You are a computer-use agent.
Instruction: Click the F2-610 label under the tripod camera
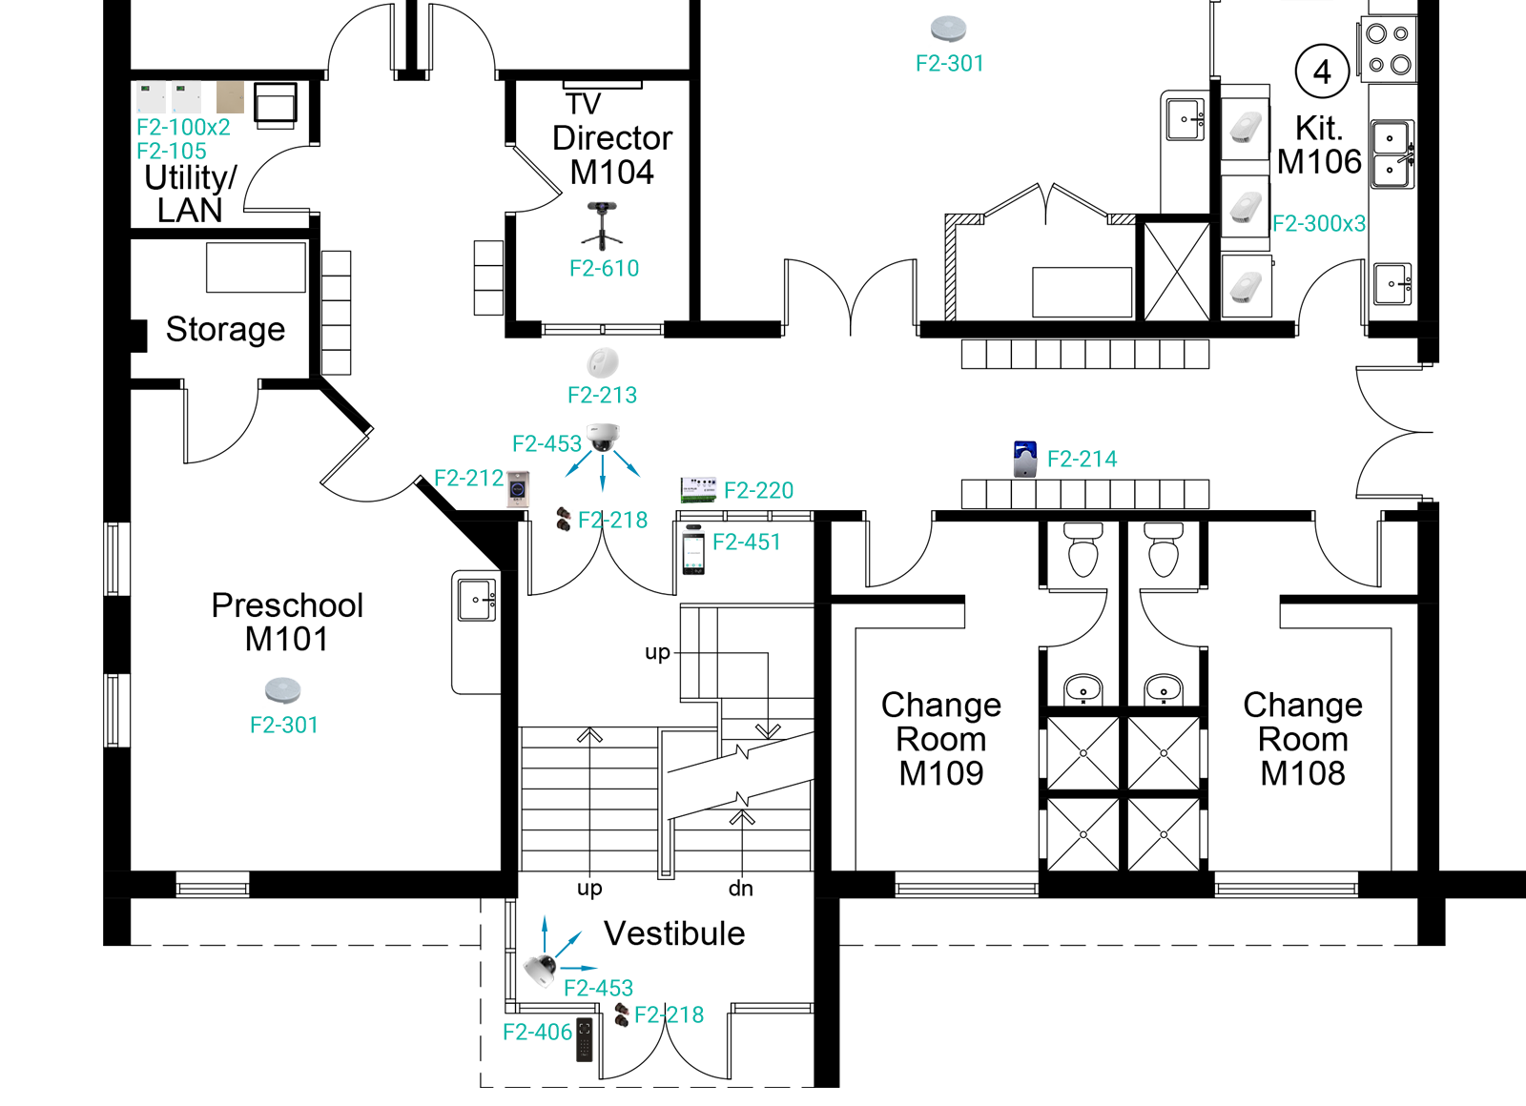(x=604, y=269)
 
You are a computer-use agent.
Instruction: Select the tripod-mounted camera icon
(x=603, y=225)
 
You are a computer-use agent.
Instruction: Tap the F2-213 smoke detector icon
(x=603, y=363)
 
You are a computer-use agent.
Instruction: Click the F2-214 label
(x=1082, y=460)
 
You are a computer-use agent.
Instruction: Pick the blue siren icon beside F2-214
(x=1025, y=459)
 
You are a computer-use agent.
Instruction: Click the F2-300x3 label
(x=1318, y=224)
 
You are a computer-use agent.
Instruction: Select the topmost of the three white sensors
(x=1246, y=127)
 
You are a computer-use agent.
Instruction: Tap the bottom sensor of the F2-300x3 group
(x=1246, y=287)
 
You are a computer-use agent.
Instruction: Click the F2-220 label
(x=758, y=491)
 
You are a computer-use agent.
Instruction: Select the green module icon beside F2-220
(x=698, y=490)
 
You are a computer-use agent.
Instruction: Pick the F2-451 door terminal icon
(x=693, y=550)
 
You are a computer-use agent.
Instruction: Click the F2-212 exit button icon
(x=518, y=489)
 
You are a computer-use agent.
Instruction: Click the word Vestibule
(x=664, y=947)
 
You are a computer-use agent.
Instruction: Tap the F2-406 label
(x=537, y=1033)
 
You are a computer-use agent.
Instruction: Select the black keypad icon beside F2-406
(x=585, y=1039)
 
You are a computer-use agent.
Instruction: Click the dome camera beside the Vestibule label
(x=540, y=970)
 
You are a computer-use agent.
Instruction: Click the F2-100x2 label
(x=183, y=128)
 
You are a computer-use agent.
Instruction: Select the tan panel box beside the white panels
(x=230, y=97)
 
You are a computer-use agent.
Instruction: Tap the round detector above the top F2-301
(x=948, y=29)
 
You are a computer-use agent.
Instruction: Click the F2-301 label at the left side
(x=283, y=726)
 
